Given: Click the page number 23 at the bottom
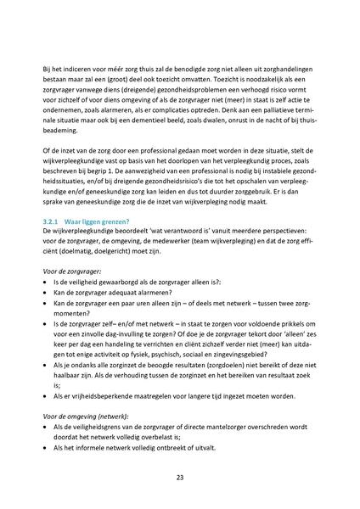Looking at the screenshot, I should (180, 478).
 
